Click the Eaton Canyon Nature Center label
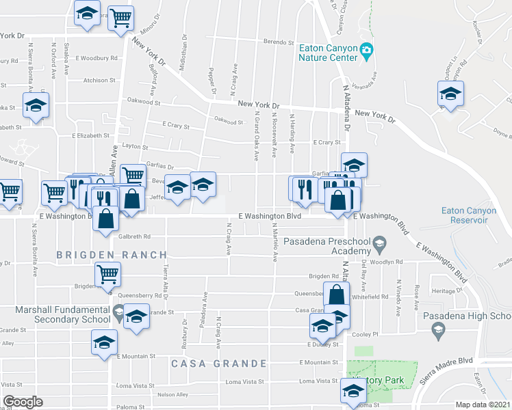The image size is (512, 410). click(329, 53)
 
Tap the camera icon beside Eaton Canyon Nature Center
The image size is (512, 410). click(367, 49)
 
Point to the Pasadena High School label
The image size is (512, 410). click(467, 316)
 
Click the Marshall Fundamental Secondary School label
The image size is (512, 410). click(55, 314)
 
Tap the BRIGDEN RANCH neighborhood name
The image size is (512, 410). click(112, 255)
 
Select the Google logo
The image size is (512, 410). click(22, 402)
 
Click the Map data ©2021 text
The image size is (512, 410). click(483, 405)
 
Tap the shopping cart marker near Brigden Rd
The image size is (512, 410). click(107, 274)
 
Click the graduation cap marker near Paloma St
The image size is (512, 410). click(353, 391)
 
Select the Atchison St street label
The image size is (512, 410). click(95, 81)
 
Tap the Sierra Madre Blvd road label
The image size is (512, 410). click(447, 361)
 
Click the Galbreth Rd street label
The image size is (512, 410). click(133, 236)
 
